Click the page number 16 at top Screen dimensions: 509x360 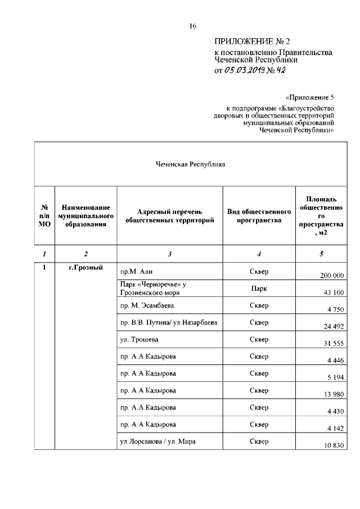click(x=192, y=26)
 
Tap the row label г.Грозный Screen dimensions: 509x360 click(x=85, y=268)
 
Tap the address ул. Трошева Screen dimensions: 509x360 click(x=136, y=340)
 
